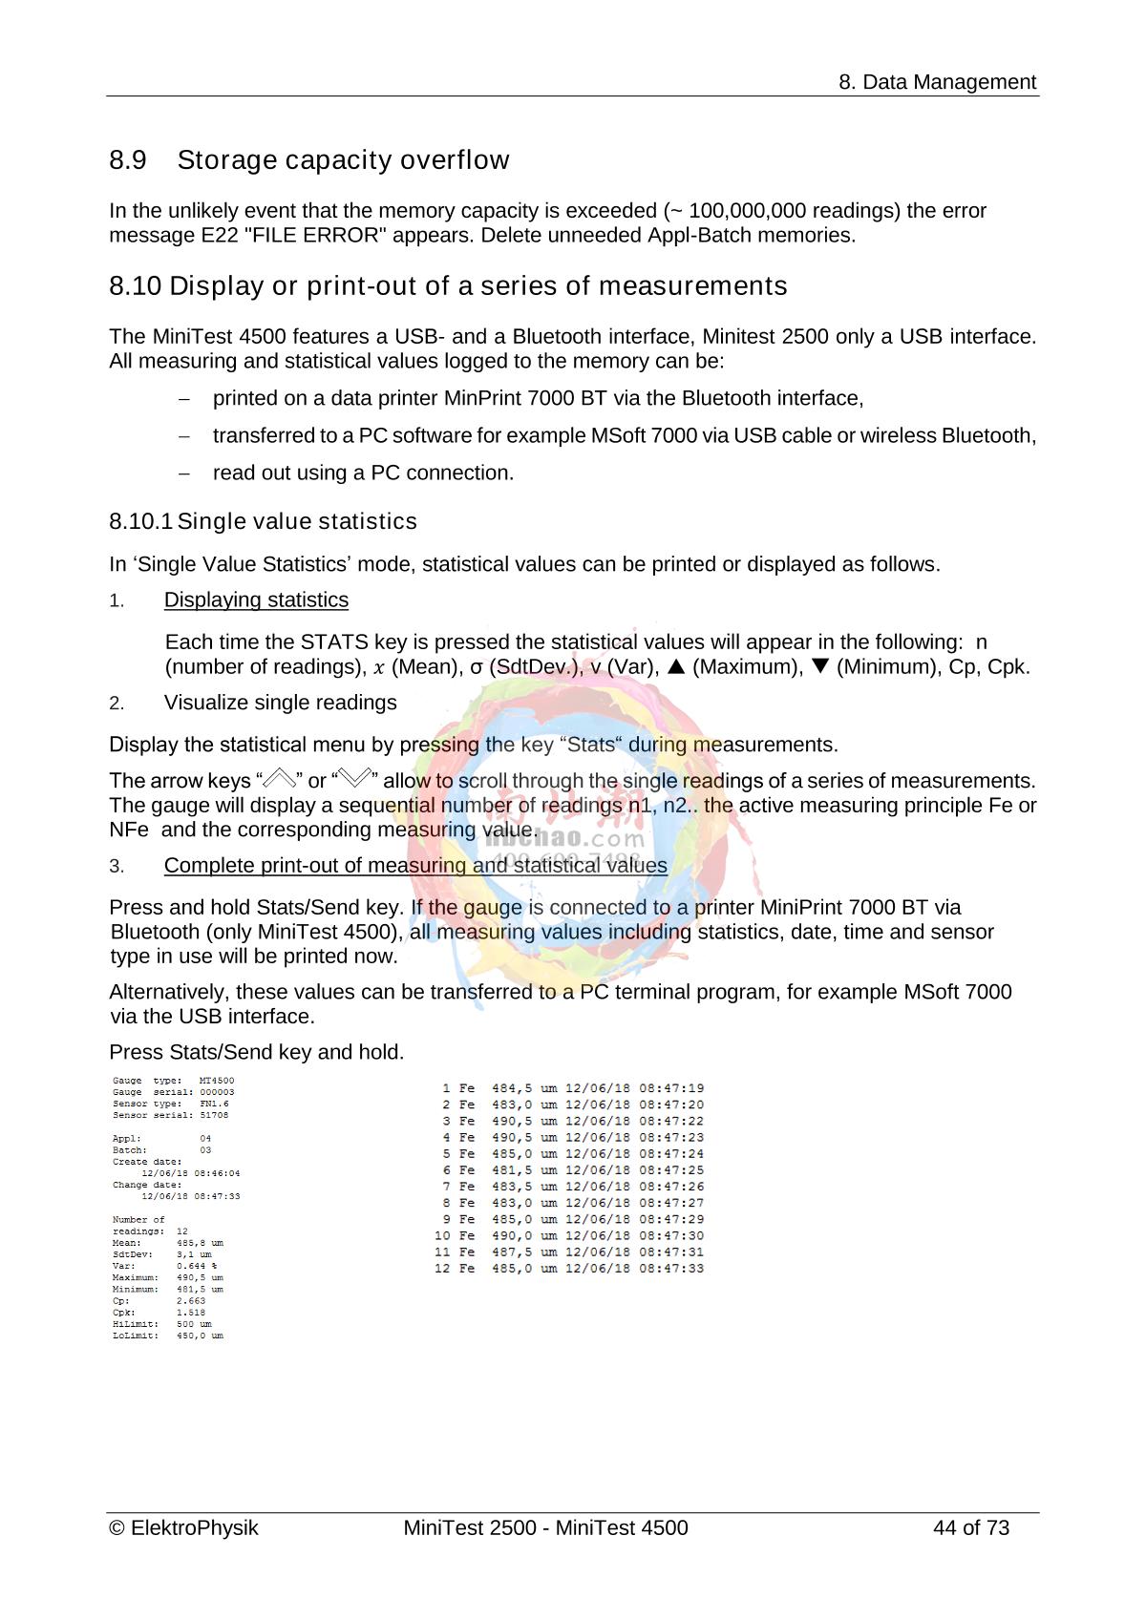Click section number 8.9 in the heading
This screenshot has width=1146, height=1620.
coord(128,159)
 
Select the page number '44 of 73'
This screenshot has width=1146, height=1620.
coord(970,1527)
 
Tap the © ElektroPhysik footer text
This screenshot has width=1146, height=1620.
coord(184,1527)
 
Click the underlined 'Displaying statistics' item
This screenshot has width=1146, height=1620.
coord(256,600)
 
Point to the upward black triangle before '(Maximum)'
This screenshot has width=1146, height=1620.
coord(676,666)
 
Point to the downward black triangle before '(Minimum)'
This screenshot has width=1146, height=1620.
coord(820,666)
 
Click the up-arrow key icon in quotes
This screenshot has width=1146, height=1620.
coord(282,780)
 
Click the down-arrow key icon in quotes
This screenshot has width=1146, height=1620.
coord(354,780)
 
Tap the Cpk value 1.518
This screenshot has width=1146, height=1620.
coord(191,1313)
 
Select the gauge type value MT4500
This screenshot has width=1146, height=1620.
coord(217,1081)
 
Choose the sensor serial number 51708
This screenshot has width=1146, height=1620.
coord(214,1115)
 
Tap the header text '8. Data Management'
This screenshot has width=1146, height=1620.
coord(937,82)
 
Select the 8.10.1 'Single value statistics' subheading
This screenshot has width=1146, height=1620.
coord(263,521)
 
